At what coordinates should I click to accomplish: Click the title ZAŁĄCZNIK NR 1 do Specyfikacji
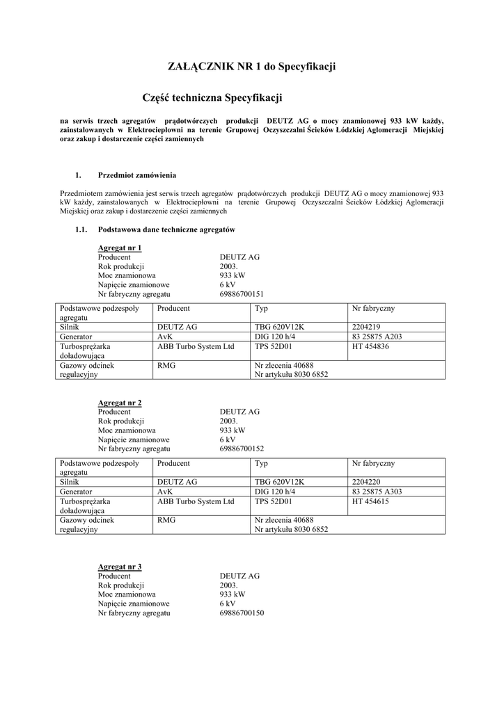point(252,67)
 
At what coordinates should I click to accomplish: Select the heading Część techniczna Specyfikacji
point(212,99)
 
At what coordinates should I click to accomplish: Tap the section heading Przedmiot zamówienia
point(137,175)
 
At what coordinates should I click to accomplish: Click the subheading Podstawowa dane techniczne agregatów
point(166,229)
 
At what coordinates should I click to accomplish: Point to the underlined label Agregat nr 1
point(120,248)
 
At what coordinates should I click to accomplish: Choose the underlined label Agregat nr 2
point(120,403)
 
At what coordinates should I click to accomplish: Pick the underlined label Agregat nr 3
point(120,567)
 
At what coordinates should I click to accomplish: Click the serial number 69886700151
point(242,294)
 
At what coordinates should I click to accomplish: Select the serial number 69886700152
point(242,449)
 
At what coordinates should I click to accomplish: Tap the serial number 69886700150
point(242,613)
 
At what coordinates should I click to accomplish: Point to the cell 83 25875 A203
point(377,337)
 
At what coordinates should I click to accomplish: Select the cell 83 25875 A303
point(377,492)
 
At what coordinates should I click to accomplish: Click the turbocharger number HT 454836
point(370,346)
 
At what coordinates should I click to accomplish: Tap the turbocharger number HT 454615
point(370,501)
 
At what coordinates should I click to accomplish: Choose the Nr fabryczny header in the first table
point(374,308)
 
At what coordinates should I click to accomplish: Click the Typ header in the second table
point(262,463)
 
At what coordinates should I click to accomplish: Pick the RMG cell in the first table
point(166,364)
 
